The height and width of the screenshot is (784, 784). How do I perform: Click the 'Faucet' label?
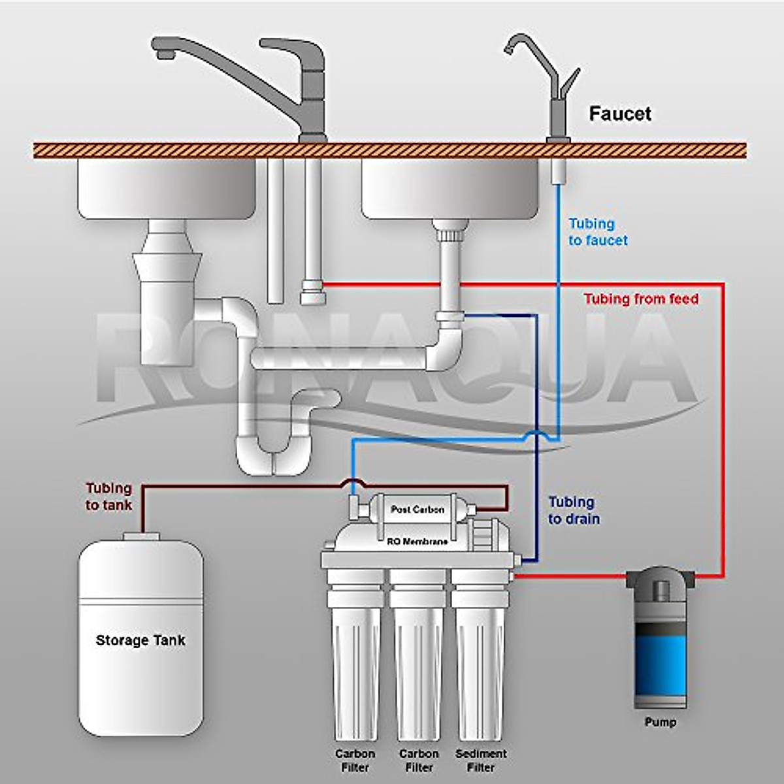coord(620,114)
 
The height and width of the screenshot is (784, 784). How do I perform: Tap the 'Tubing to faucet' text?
coord(598,232)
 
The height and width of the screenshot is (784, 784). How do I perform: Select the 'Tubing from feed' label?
coord(641,299)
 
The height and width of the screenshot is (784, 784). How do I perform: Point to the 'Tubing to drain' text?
coord(574,511)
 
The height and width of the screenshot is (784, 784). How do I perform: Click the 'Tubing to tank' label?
coord(108,497)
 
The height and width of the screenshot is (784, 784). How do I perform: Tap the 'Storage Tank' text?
coord(140,640)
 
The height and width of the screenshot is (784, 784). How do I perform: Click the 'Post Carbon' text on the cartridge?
coord(417,510)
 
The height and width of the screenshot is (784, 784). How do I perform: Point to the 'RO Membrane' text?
coord(417,542)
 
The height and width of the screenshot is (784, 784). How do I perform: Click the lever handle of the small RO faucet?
coord(570,84)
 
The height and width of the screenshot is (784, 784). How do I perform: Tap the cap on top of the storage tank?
coord(140,536)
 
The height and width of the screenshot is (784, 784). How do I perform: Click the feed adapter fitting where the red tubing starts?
coord(313,291)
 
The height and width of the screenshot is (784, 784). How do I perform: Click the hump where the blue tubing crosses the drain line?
coord(536,435)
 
